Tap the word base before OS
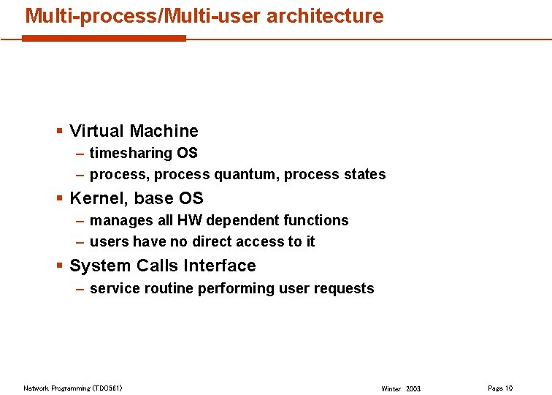(x=153, y=198)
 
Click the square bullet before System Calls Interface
(x=59, y=266)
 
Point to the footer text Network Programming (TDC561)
(x=72, y=388)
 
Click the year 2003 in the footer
(x=413, y=388)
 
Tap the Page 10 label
(x=500, y=388)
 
